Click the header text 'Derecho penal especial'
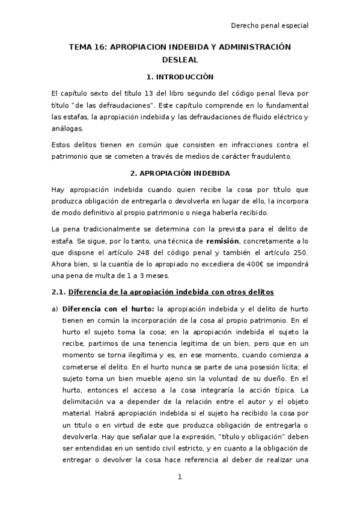(270, 25)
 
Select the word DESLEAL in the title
(180, 60)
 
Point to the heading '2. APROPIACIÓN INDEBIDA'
(180, 173)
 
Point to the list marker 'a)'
(55, 309)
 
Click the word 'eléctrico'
(286, 116)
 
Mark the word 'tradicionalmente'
(112, 229)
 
